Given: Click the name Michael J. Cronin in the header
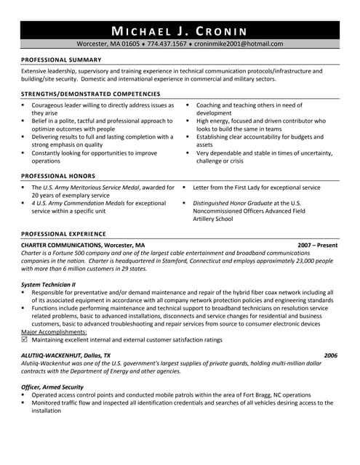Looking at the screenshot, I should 179,31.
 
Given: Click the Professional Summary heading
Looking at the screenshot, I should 60,59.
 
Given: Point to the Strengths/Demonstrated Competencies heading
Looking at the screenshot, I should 90,94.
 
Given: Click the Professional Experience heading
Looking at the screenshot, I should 63,233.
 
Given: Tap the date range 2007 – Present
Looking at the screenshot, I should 318,245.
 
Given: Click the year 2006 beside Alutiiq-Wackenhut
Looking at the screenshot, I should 331,355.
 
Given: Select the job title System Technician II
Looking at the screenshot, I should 49,284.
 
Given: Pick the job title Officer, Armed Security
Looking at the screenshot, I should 52,387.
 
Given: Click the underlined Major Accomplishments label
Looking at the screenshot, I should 54,331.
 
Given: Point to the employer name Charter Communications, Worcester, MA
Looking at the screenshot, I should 83,245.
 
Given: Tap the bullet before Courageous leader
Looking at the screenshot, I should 23,105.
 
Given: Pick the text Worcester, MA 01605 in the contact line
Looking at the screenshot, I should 108,44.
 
